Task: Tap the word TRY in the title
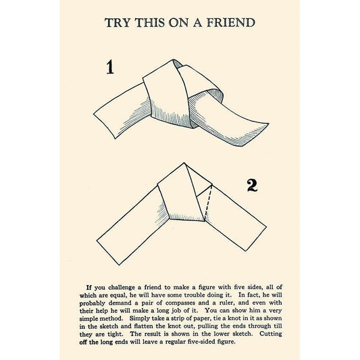(x=118, y=23)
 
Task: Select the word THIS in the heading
(x=150, y=23)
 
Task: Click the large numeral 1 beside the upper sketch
(x=110, y=67)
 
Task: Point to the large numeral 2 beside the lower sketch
(x=252, y=186)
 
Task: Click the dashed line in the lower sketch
(x=208, y=203)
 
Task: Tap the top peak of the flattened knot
(x=184, y=163)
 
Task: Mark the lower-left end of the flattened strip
(x=108, y=253)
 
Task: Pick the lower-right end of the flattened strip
(x=256, y=239)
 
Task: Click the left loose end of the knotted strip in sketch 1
(x=104, y=126)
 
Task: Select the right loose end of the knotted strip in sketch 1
(x=255, y=135)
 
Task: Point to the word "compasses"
(x=180, y=303)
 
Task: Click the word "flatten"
(x=143, y=326)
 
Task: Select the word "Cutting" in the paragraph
(x=271, y=334)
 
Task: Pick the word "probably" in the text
(x=93, y=303)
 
